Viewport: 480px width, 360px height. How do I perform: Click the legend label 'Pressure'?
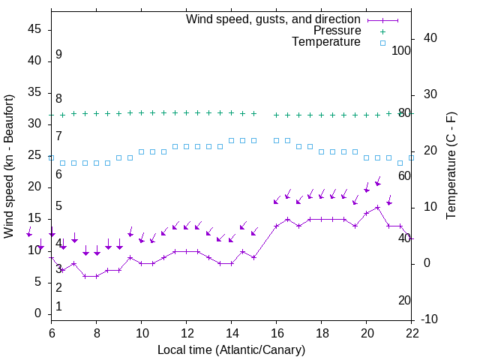[337, 31]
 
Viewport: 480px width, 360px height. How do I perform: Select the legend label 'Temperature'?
[326, 42]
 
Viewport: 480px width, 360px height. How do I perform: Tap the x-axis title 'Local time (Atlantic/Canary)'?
[231, 349]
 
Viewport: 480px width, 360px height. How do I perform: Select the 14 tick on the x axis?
[232, 332]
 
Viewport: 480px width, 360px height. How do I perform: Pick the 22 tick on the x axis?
[412, 332]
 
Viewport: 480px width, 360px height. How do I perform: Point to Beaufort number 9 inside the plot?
[58, 55]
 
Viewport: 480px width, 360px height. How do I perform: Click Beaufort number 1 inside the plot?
[58, 306]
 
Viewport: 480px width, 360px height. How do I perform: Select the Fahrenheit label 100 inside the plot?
[401, 50]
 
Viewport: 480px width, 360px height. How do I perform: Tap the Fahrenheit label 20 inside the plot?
[404, 300]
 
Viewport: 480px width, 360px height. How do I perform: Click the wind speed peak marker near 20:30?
[378, 207]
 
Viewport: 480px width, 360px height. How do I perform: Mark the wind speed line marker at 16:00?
[277, 226]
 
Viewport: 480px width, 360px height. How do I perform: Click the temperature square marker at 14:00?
[232, 140]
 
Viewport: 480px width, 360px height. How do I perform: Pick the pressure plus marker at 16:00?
[277, 115]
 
